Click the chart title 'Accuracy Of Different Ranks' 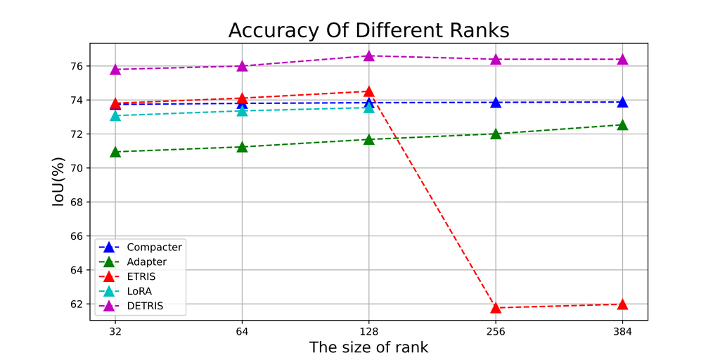pyautogui.click(x=368, y=31)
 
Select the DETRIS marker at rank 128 pyautogui.click(x=368, y=56)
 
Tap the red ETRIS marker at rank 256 pyautogui.click(x=496, y=307)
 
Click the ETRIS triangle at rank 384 pyautogui.click(x=622, y=304)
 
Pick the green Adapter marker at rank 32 pyautogui.click(x=115, y=151)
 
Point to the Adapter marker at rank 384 pyautogui.click(x=622, y=125)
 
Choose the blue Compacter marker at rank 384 pyautogui.click(x=622, y=102)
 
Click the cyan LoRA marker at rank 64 pyautogui.click(x=242, y=110)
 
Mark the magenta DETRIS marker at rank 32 pyautogui.click(x=115, y=69)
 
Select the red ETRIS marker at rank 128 pyautogui.click(x=368, y=91)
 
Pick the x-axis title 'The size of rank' pyautogui.click(x=368, y=347)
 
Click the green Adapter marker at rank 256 pyautogui.click(x=496, y=134)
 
